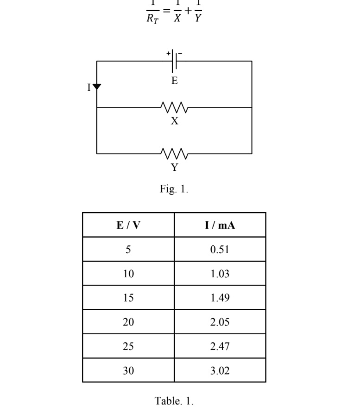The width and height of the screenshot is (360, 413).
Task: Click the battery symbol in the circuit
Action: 174,61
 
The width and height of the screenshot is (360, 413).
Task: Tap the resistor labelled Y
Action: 174,153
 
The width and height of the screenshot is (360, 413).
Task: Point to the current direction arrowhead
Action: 97,87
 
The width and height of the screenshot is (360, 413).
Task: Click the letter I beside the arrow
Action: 89,87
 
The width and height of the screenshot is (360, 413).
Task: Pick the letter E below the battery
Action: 174,81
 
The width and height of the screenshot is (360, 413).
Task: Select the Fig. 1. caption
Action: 174,189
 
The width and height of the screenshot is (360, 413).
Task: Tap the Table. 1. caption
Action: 174,401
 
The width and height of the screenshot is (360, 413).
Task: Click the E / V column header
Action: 128,225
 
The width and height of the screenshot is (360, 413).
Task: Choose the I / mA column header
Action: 220,225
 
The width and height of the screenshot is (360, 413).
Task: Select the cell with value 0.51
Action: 220,250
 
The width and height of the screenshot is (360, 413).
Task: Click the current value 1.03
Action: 220,274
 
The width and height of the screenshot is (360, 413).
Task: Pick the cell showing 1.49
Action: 220,298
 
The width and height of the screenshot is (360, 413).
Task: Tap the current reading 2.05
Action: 220,322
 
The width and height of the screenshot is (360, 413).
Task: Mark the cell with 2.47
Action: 220,346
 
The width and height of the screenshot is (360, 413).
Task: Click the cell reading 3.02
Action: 220,370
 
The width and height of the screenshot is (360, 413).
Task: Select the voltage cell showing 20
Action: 128,322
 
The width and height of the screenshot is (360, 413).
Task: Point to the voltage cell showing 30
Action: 128,370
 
